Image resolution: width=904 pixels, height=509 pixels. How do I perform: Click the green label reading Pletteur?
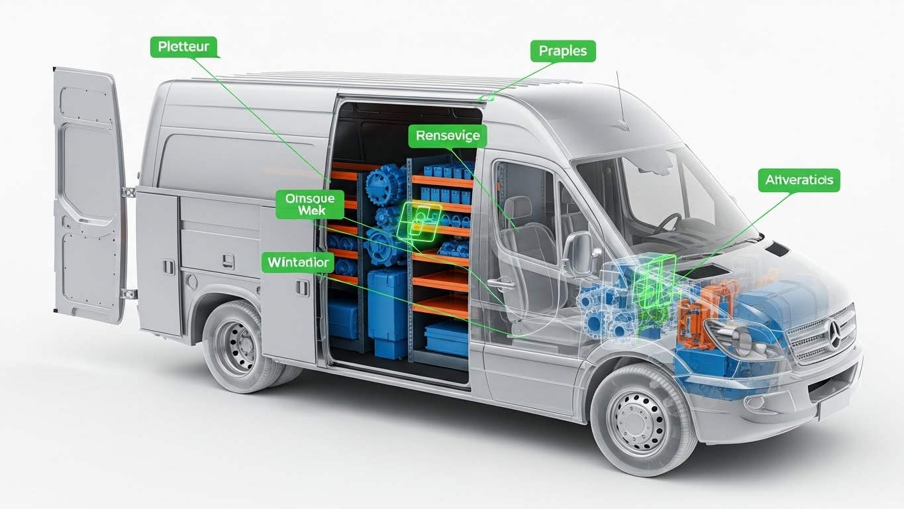(184, 48)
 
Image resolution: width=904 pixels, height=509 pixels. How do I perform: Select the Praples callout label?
(563, 51)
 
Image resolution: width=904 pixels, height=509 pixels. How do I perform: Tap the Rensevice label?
(448, 137)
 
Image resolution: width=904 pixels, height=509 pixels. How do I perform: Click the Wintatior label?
(297, 262)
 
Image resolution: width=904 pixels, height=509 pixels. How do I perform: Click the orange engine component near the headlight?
(695, 311)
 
